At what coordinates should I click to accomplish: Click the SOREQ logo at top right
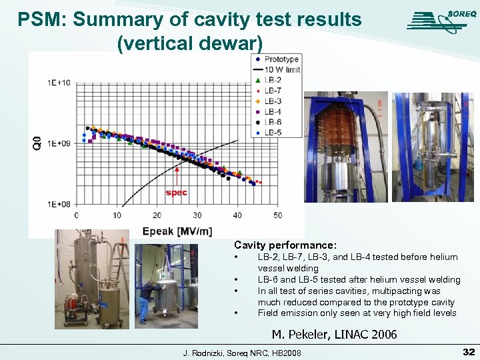[437, 20]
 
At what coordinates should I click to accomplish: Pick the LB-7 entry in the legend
[272, 91]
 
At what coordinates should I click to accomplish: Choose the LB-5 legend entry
[272, 132]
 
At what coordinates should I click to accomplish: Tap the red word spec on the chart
[177, 193]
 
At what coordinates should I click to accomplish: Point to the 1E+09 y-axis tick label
[59, 143]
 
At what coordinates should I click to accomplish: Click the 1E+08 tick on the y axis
[59, 204]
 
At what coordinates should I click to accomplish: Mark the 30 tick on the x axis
[197, 215]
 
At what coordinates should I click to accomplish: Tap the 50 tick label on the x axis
[277, 215]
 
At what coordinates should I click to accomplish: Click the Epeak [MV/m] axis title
[176, 231]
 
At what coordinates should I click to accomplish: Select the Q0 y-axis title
[37, 142]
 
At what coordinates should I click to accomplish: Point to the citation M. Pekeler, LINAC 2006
[334, 335]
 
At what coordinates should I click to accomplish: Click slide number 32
[468, 351]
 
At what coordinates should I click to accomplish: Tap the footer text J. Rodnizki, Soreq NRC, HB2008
[242, 352]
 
